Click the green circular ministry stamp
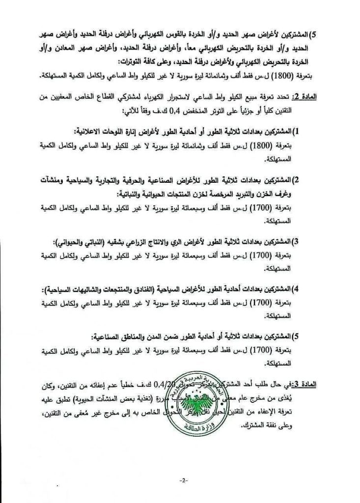coord(206,404)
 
